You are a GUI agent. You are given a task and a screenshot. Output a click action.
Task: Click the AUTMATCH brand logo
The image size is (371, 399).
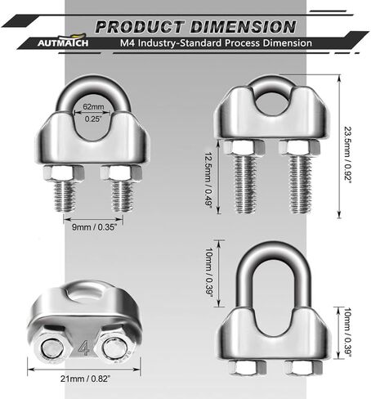(63, 40)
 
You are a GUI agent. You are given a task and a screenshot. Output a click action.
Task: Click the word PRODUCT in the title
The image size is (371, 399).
(140, 27)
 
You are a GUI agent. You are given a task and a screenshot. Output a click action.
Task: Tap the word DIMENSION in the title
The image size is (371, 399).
(243, 27)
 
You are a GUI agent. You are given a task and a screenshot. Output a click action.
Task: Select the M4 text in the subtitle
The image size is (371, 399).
(127, 43)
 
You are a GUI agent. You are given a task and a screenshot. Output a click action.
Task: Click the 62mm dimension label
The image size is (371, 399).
(93, 106)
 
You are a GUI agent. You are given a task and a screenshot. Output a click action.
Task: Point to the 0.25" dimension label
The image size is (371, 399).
(93, 119)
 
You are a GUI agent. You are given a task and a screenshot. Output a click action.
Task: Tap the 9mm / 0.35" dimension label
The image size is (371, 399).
(94, 226)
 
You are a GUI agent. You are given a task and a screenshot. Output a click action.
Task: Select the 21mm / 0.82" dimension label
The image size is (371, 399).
(86, 379)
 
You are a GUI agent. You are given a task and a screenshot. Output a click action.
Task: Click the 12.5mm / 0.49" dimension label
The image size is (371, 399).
(209, 180)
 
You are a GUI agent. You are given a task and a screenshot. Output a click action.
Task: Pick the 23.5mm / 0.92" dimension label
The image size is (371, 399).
(348, 154)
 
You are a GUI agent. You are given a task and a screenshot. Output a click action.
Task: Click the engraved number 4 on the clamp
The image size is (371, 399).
(84, 347)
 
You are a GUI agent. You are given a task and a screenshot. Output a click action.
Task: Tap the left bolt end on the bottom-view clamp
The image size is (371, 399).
(53, 348)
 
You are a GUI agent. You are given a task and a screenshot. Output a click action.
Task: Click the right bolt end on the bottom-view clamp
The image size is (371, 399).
(114, 348)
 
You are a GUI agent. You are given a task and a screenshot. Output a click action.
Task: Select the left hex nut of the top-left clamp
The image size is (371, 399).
(64, 173)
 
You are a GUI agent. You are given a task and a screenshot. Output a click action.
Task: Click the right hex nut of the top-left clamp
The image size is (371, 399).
(121, 173)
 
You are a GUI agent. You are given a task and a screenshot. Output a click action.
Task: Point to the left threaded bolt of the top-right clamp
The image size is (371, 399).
(246, 183)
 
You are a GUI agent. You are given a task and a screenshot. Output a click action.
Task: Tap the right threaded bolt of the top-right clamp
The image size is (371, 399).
(300, 183)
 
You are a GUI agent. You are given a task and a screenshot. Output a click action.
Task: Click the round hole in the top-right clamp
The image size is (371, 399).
(273, 103)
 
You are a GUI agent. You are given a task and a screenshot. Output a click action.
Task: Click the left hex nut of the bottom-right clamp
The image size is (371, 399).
(248, 368)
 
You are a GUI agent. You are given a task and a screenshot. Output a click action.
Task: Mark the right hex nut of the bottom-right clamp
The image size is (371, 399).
(303, 368)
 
